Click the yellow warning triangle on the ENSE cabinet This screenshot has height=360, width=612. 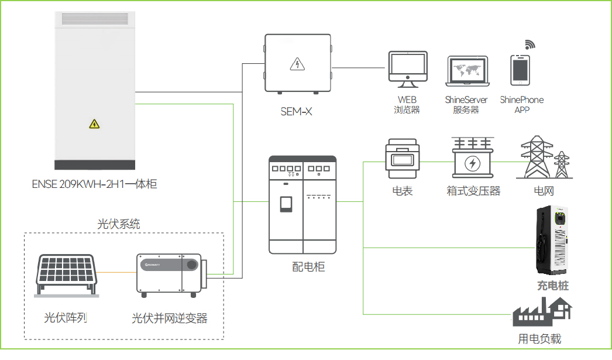pos(94,124)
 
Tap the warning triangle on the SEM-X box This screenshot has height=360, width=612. pos(297,64)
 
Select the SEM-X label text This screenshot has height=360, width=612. pos(296,112)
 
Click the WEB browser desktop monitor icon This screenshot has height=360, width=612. pos(408,69)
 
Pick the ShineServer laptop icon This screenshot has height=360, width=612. pos(467,71)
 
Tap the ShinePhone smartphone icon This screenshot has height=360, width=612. pos(520,70)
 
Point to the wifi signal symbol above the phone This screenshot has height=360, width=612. pos(530,44)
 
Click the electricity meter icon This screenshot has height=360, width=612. pos(403,159)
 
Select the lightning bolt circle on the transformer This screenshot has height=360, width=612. pos(473,163)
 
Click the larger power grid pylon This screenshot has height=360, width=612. pos(537,156)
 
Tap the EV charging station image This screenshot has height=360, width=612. pos(552,241)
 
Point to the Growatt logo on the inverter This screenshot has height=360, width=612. pos(152,265)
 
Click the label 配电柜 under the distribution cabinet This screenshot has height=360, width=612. pos(308,267)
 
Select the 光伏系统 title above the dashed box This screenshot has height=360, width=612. pos(118,224)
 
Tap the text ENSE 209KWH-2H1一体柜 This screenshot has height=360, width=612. pos(94,184)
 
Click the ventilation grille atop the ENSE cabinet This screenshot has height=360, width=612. pos(95,19)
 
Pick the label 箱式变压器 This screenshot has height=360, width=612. pos(473,191)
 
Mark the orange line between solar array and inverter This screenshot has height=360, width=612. pos(116,272)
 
